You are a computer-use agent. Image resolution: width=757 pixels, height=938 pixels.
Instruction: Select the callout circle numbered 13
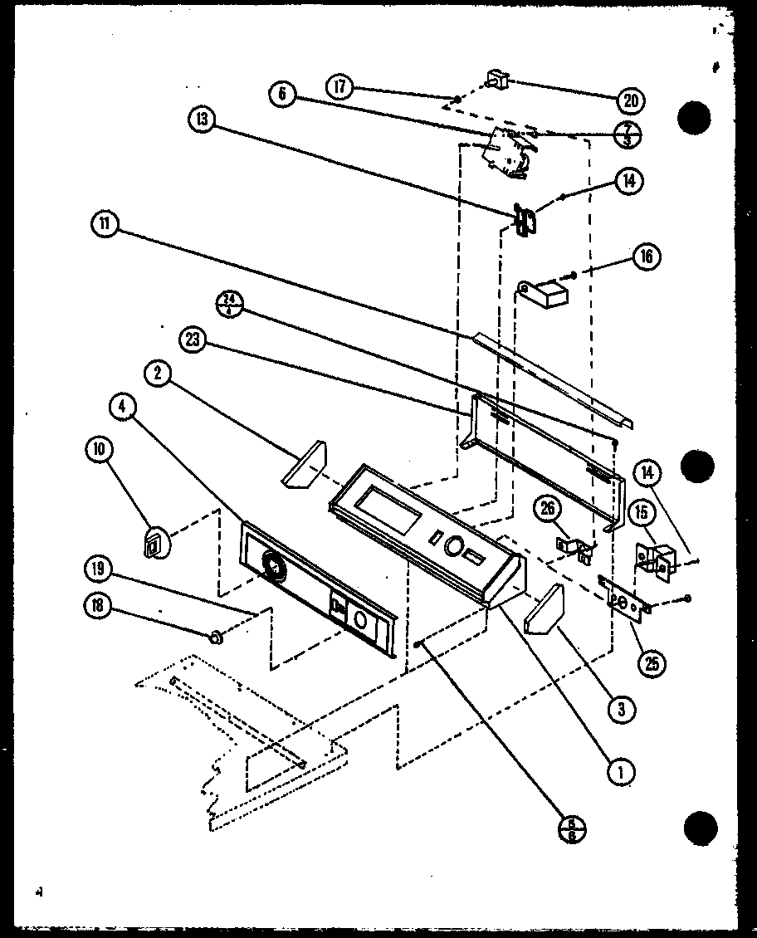coord(201,120)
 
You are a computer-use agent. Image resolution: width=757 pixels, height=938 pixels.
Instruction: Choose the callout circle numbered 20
coord(631,101)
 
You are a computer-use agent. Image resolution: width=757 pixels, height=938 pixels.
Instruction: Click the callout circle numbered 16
coord(646,256)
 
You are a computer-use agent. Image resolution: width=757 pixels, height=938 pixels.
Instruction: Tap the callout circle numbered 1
coord(620,771)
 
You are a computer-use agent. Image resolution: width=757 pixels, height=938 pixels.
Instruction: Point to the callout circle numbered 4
coord(123,407)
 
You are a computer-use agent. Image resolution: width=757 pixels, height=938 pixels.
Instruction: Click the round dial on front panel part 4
coord(271,565)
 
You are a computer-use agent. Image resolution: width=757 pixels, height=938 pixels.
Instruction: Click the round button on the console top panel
coord(453,545)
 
